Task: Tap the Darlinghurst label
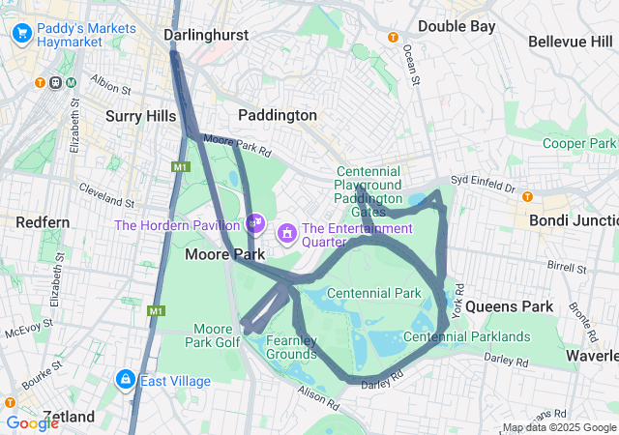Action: (x=206, y=35)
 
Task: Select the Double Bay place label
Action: (x=456, y=26)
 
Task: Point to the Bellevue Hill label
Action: (x=571, y=42)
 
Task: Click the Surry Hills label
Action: (x=141, y=116)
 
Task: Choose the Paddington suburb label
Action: (x=278, y=115)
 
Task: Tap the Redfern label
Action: (x=43, y=222)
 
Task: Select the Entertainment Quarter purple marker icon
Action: (x=287, y=233)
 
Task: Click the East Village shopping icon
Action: (x=126, y=380)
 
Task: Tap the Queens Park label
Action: (x=509, y=306)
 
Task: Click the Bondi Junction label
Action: (x=571, y=220)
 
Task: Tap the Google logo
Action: (x=32, y=422)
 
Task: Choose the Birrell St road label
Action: (x=539, y=264)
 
